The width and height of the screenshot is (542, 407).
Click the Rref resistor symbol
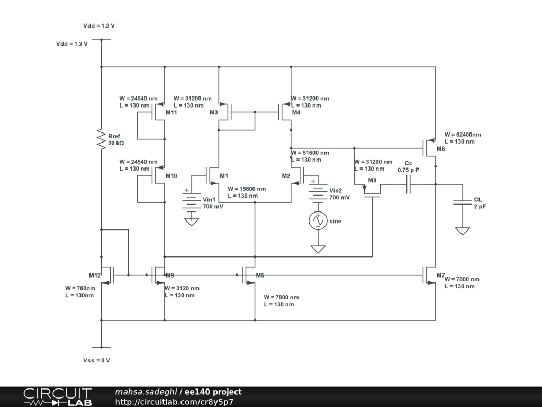coord(101,139)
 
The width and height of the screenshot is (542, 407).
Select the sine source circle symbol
coord(318,220)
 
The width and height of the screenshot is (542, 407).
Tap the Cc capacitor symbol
coord(408,184)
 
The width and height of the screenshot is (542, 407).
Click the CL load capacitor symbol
coord(463,202)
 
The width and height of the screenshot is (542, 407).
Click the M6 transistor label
coord(441,149)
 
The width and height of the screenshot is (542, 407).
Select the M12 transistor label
coord(95,275)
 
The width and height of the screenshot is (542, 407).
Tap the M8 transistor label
coord(373,180)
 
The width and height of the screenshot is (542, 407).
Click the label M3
coord(213,112)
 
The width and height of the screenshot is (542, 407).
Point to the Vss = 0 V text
coord(96,360)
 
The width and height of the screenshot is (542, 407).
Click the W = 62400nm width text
coord(463,135)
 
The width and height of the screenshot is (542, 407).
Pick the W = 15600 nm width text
coord(247,189)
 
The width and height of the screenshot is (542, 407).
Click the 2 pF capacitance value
coord(480,206)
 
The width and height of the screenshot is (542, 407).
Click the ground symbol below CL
coord(463,231)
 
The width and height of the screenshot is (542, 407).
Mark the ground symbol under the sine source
coord(318,249)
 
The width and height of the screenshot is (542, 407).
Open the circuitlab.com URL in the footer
coord(174,402)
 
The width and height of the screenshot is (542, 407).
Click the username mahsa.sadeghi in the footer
coord(146,392)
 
